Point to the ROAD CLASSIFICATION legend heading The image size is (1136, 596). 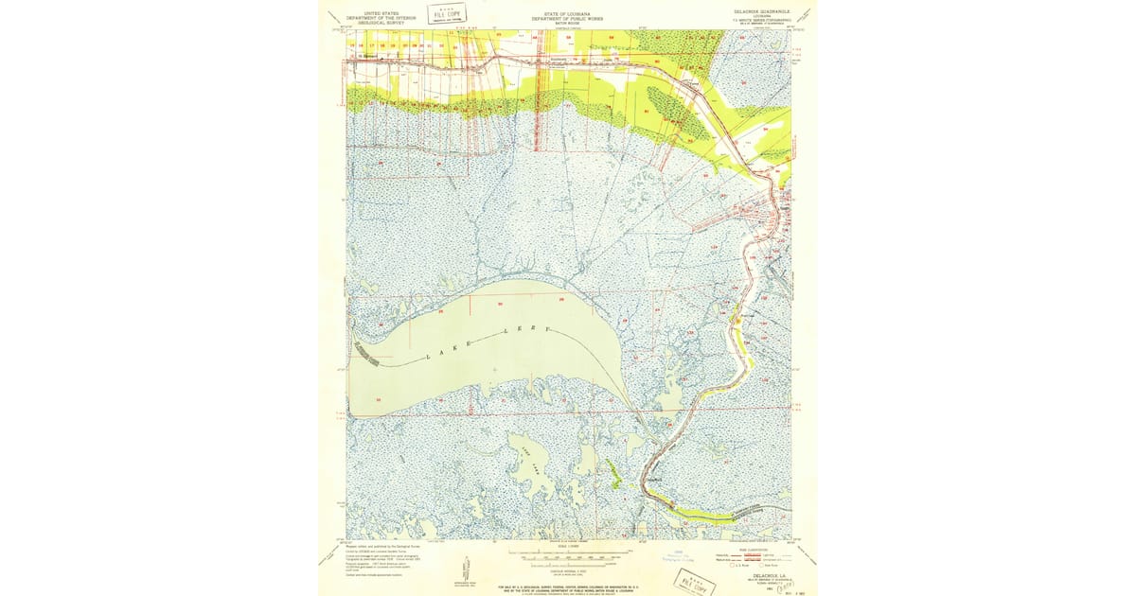pyautogui.click(x=734, y=548)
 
